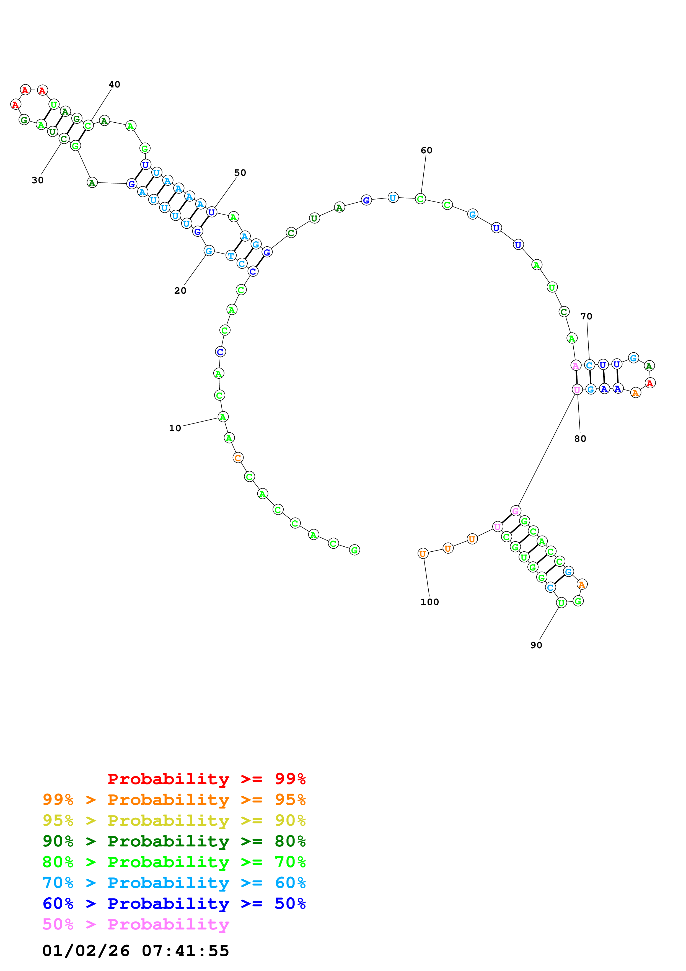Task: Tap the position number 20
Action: click(180, 291)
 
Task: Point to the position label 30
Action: click(38, 180)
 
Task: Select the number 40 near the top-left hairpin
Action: click(114, 85)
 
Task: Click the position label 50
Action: click(240, 172)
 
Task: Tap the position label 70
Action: click(586, 316)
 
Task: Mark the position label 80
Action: click(580, 438)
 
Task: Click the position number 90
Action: click(536, 645)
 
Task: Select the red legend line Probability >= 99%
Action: click(206, 779)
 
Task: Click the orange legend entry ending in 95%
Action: click(174, 799)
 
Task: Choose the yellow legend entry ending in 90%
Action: click(174, 820)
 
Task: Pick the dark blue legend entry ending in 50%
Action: click(174, 903)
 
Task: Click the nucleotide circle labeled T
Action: click(231, 255)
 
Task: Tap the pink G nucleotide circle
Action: click(515, 511)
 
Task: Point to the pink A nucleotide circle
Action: click(576, 365)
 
